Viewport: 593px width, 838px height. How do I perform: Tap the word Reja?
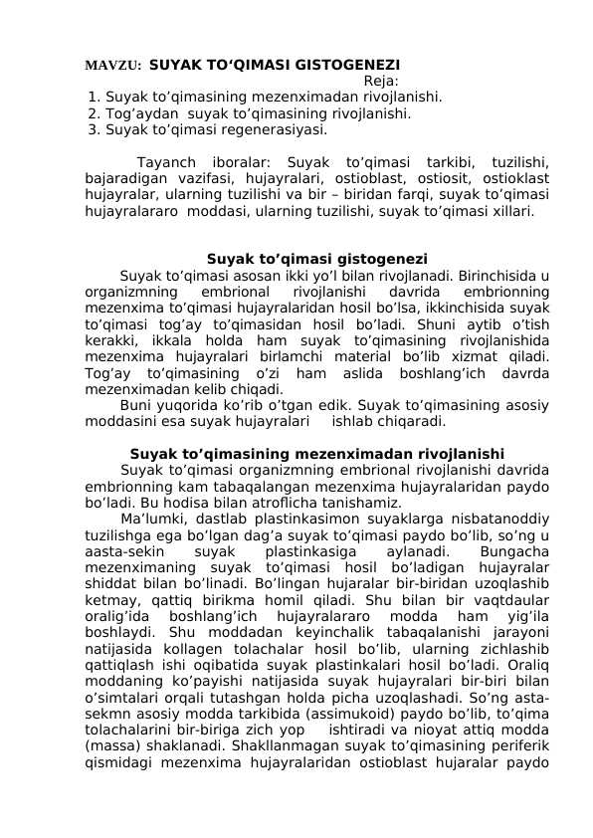point(382,82)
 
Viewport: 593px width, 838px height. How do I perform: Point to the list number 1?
point(93,98)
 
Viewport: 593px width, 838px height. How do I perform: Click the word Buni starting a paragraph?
point(136,406)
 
